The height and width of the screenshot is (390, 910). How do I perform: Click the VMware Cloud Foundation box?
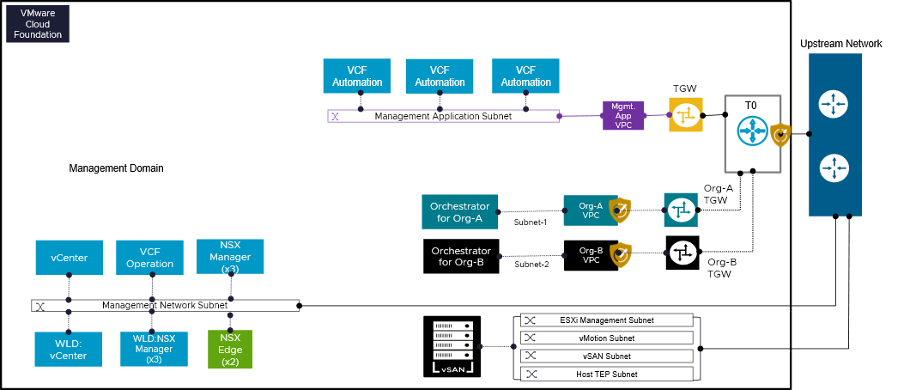(38, 24)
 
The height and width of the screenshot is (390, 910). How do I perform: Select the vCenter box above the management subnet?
(69, 258)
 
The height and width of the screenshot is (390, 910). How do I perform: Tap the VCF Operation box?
(149, 258)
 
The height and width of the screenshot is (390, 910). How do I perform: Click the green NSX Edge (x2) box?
(230, 350)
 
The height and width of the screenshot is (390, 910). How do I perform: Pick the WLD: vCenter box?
(69, 350)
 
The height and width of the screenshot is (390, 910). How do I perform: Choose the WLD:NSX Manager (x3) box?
(154, 350)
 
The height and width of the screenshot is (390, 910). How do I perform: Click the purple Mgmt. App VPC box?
(622, 115)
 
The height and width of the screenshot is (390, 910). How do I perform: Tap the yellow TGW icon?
(686, 115)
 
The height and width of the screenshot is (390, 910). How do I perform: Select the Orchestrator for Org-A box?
(461, 211)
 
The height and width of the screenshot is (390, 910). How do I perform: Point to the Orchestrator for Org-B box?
(461, 256)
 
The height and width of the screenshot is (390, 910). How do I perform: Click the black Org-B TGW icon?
(682, 253)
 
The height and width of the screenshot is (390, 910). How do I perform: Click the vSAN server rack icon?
(452, 347)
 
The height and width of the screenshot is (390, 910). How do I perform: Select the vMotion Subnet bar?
(606, 338)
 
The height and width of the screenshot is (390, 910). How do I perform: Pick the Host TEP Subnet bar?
(606, 374)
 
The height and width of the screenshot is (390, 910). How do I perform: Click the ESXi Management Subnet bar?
(606, 320)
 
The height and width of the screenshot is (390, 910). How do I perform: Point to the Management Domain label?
(116, 168)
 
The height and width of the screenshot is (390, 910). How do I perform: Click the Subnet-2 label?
(531, 265)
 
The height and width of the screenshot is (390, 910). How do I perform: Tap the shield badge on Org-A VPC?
(619, 210)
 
